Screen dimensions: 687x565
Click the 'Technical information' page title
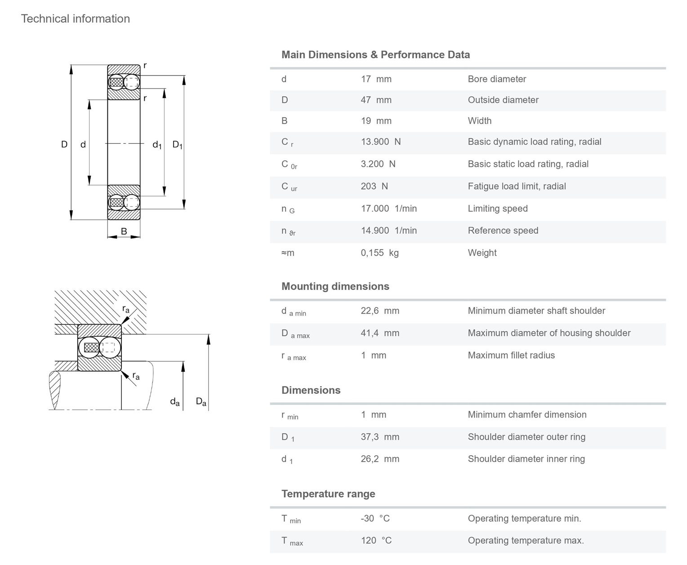(75, 18)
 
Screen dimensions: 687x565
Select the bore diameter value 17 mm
(376, 79)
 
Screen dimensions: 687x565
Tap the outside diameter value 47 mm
(376, 100)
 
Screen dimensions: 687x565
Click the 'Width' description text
(479, 120)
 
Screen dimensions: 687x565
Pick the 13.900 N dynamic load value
(380, 141)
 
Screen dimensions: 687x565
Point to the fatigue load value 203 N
(374, 186)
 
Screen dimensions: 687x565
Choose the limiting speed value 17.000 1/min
(388, 208)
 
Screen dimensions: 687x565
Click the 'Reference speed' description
(503, 230)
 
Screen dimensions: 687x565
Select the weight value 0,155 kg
(379, 253)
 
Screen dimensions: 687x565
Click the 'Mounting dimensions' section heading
(335, 286)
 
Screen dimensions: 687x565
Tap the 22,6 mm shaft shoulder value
(380, 310)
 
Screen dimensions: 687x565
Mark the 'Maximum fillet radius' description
(511, 355)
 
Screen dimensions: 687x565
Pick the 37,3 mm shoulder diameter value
(380, 436)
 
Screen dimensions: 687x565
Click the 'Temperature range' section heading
(328, 494)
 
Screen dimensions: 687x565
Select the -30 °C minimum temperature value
(375, 518)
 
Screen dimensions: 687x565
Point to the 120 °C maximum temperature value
(376, 540)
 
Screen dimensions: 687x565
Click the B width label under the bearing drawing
(124, 231)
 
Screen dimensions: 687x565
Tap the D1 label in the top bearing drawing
(178, 145)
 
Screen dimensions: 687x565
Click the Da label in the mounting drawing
(201, 401)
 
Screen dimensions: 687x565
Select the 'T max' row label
(292, 541)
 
